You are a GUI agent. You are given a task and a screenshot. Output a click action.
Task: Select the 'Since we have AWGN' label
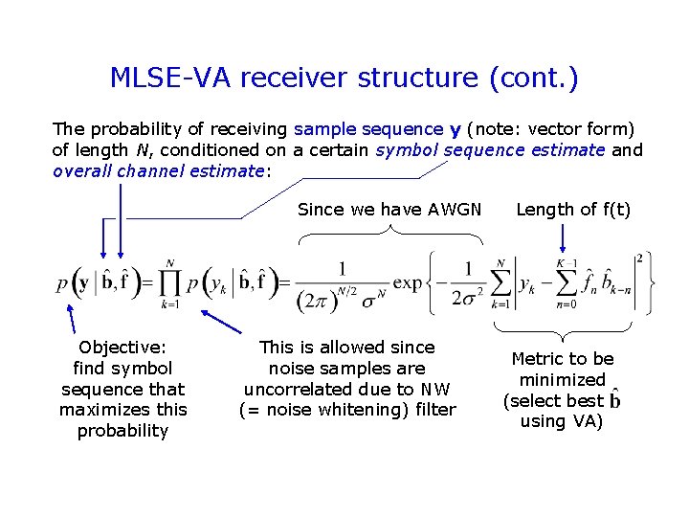[389, 209]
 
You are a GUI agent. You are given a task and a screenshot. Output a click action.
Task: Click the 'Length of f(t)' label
[573, 209]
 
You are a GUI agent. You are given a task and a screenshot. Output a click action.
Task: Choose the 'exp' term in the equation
[407, 283]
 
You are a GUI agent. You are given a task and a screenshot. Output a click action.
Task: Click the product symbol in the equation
[170, 283]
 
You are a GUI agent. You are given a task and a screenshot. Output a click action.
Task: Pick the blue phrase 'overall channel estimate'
[158, 170]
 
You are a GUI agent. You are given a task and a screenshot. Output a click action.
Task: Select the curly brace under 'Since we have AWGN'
[389, 231]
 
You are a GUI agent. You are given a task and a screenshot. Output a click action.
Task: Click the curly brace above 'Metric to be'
[563, 330]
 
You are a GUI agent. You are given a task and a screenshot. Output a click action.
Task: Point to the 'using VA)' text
[562, 421]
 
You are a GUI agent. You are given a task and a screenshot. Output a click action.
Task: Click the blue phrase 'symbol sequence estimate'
[490, 149]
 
